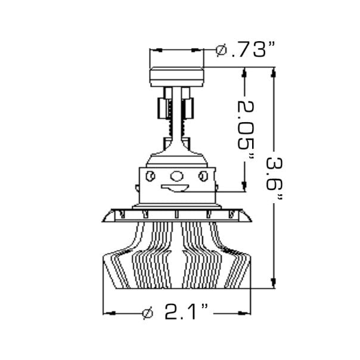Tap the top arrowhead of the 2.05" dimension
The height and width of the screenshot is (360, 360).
point(244,73)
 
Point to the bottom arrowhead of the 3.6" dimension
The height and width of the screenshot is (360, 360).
point(274,283)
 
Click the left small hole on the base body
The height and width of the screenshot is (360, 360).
point(151,175)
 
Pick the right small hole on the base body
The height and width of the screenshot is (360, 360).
point(203,175)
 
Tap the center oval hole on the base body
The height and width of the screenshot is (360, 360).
point(176,176)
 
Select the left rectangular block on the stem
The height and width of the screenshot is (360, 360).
point(162,108)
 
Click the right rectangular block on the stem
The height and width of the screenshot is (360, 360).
point(190,108)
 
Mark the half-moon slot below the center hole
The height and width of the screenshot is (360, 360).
point(176,189)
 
